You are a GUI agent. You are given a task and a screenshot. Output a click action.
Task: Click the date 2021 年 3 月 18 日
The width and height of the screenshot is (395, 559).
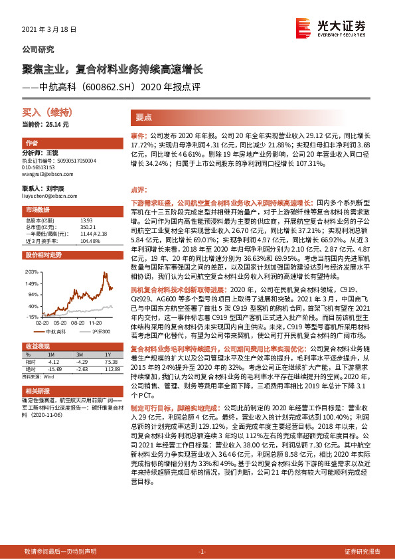click(50, 30)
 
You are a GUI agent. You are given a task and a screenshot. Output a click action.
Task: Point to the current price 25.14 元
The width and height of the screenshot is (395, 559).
click(46, 124)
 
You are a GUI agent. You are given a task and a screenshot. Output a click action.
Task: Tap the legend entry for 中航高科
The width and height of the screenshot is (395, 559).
click(54, 329)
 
